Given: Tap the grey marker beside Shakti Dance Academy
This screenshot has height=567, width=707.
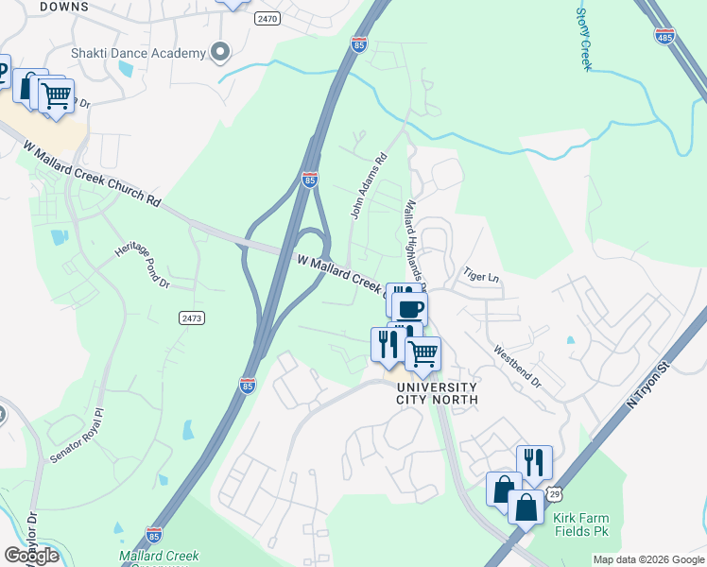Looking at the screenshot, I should [x=221, y=52].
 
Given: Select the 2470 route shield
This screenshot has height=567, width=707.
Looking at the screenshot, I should [x=267, y=18].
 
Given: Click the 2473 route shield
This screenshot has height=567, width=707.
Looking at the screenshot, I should [x=191, y=318].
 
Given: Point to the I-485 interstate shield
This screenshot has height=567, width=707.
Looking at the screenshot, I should [x=664, y=34].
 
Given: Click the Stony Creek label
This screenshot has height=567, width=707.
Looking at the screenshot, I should [x=583, y=39].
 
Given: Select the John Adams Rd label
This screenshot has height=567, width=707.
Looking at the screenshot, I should [x=369, y=186].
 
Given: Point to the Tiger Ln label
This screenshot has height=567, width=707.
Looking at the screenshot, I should [x=480, y=275].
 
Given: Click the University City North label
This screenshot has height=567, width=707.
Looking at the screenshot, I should [x=437, y=393].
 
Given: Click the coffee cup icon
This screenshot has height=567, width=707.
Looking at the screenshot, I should [x=409, y=309].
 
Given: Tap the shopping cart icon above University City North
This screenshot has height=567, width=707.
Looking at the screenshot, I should [x=422, y=353].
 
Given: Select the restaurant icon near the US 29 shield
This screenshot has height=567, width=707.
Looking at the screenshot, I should [x=534, y=462].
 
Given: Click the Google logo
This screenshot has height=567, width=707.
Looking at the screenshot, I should [x=31, y=556].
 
